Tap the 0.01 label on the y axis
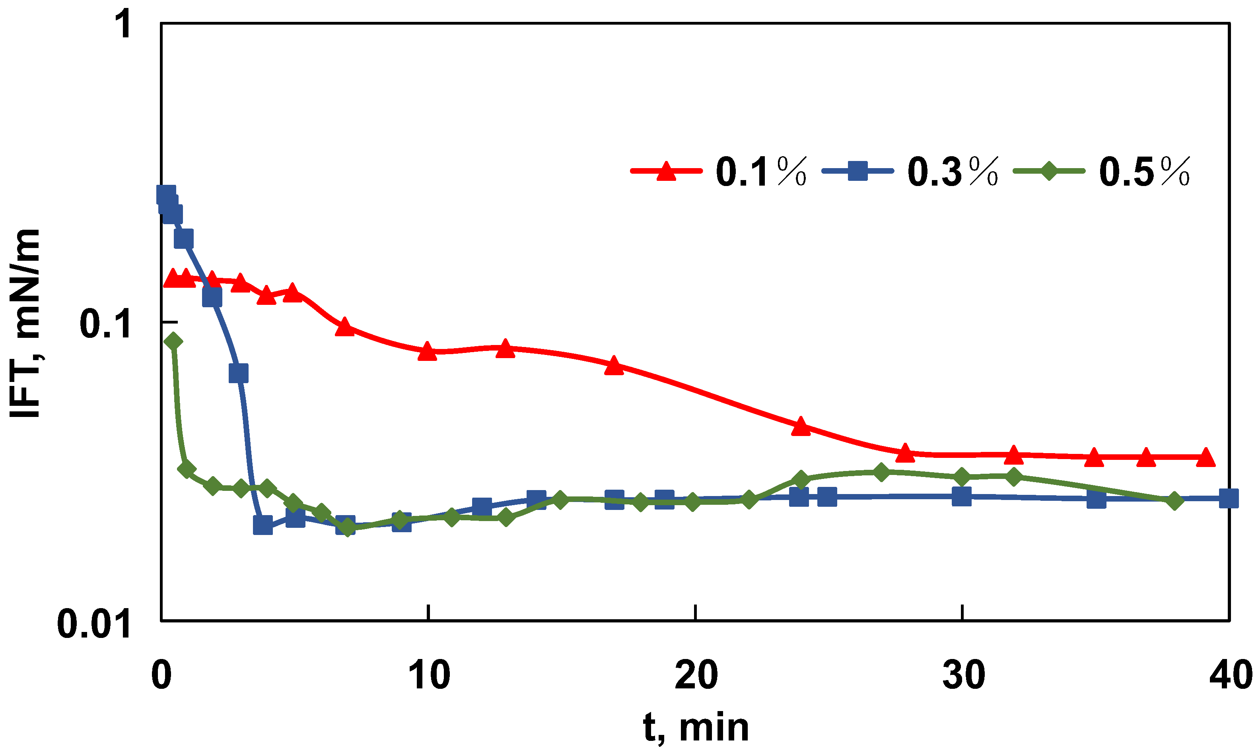click(94, 624)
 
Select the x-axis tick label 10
click(429, 675)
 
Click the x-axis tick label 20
click(696, 675)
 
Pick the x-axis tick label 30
click(963, 675)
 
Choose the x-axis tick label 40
click(1230, 675)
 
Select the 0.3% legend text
click(953, 172)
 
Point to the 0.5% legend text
click(1144, 172)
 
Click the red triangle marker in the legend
click(667, 171)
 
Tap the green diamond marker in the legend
click(1049, 171)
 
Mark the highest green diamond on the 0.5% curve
click(173, 341)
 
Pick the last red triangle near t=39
click(1206, 457)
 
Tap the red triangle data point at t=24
click(801, 426)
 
